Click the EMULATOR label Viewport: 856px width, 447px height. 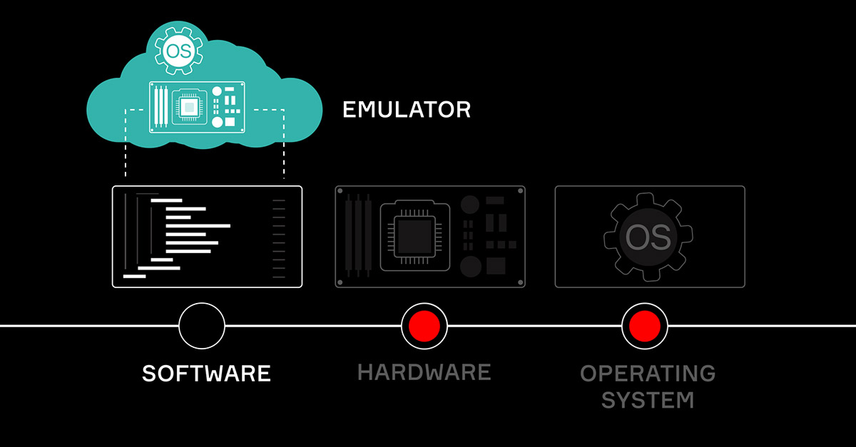pos(407,110)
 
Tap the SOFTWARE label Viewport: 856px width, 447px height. pos(206,373)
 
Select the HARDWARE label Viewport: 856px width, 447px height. pos(424,371)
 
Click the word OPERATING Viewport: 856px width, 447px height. pos(648,373)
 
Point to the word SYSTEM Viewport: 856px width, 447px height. pos(648,399)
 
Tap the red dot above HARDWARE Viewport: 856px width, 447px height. pos(424,326)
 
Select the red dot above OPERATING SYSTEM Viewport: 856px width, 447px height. pos(644,326)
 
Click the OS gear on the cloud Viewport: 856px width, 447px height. pos(175,50)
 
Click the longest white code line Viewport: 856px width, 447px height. pos(198,226)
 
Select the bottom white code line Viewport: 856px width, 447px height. pos(134,276)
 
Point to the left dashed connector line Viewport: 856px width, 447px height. pos(126,143)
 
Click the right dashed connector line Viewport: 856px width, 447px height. pos(284,143)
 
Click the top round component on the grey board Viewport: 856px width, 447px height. pos(470,205)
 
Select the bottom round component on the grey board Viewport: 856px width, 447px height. pos(470,267)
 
